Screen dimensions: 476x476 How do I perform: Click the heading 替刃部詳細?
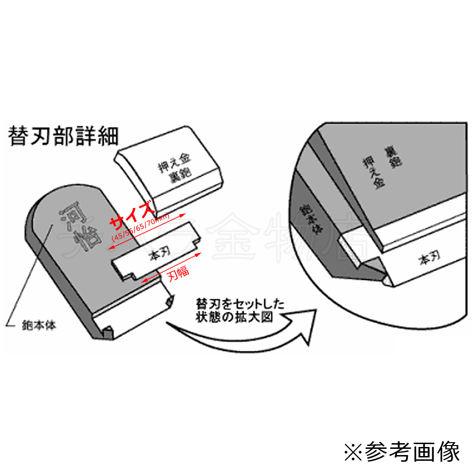63,136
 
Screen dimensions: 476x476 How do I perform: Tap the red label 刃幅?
178,274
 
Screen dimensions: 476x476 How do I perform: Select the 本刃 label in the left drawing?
157,256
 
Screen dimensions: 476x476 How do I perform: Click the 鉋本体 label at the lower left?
40,327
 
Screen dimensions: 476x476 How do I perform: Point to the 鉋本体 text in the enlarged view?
309,219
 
